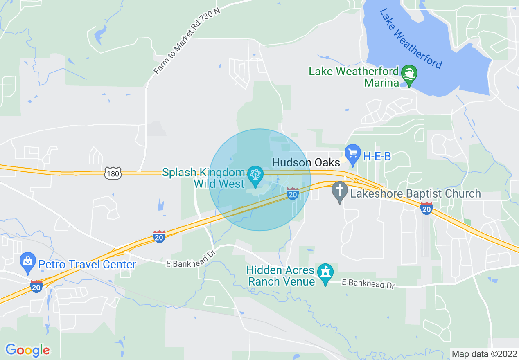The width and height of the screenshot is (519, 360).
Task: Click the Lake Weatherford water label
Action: click(411, 39)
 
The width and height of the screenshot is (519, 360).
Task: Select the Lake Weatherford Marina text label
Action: click(354, 77)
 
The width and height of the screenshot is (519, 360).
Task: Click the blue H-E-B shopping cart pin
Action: click(352, 154)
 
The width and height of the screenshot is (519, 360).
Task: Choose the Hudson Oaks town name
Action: click(306, 162)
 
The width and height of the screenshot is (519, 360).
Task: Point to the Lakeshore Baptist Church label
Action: click(415, 193)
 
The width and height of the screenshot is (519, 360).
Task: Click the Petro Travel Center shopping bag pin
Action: click(28, 261)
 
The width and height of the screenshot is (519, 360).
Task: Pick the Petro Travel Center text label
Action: click(87, 264)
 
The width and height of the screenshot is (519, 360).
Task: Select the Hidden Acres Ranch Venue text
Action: click(281, 276)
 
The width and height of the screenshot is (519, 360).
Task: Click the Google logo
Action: click(27, 350)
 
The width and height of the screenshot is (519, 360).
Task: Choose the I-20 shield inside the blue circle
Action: click(292, 194)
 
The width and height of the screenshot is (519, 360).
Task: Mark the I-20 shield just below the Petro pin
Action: click(36, 287)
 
